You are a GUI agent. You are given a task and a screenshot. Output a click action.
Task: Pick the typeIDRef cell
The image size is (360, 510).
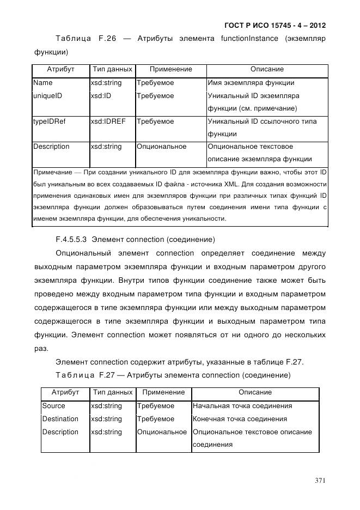49,122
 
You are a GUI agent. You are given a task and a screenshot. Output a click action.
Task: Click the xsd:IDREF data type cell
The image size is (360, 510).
108,122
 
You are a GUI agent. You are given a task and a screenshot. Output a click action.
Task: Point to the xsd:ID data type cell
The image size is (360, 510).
102,96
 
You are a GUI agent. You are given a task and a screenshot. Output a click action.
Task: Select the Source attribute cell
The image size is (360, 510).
53,406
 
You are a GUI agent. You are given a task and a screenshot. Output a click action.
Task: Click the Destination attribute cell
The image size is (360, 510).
60,419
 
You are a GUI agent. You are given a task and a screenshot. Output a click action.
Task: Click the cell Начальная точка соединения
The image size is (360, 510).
242,406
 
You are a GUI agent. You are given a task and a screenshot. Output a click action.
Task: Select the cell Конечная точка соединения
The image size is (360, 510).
240,419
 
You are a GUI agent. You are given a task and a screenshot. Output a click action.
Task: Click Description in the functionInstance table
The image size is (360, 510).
51,147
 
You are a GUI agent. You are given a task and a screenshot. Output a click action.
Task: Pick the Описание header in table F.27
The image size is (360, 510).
255,392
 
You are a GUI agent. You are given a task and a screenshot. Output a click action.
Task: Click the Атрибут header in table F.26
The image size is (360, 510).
60,70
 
